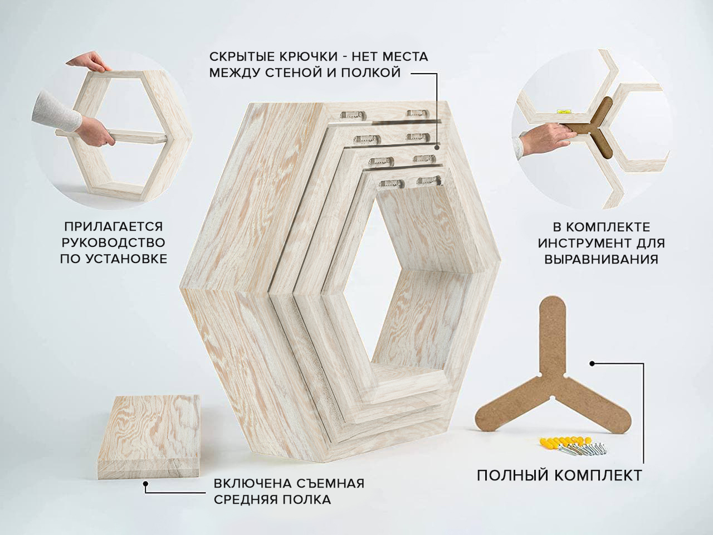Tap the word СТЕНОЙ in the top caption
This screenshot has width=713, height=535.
[294, 73]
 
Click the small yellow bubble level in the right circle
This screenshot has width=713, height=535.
[561, 112]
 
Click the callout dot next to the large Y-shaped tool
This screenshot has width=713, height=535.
[592, 364]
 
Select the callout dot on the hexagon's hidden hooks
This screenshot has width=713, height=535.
[437, 147]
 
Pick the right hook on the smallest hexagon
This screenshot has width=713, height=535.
[429, 181]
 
